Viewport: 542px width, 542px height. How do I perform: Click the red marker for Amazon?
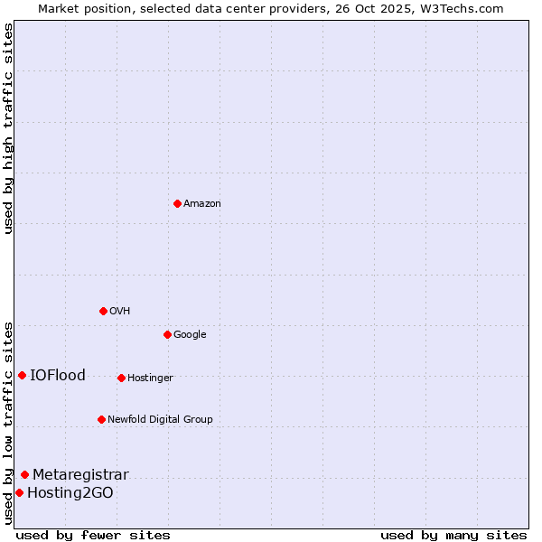point(177,203)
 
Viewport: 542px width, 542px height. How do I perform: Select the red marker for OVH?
point(103,311)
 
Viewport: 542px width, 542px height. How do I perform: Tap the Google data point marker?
point(167,334)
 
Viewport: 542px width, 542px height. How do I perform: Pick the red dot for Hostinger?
point(121,378)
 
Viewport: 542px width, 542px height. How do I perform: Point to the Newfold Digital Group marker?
point(101,419)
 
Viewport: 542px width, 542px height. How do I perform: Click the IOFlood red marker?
point(22,375)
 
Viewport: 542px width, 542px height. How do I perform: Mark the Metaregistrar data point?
point(24,474)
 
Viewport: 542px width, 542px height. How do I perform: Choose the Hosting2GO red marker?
point(19,492)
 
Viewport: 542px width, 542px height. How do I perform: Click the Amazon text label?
point(202,204)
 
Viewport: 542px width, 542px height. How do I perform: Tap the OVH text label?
point(120,312)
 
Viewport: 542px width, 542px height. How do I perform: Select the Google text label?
point(190,335)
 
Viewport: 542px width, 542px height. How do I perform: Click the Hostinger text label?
point(150,378)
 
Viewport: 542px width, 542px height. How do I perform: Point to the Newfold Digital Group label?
point(160,419)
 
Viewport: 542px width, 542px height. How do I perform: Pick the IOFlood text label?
point(58,376)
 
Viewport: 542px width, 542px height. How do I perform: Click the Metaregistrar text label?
point(80,475)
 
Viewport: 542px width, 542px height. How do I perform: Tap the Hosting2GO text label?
point(70,493)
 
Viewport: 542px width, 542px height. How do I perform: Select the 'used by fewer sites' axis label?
point(93,535)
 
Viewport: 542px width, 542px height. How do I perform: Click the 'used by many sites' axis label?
point(453,535)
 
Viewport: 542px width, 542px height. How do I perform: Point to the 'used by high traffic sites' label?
point(8,128)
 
